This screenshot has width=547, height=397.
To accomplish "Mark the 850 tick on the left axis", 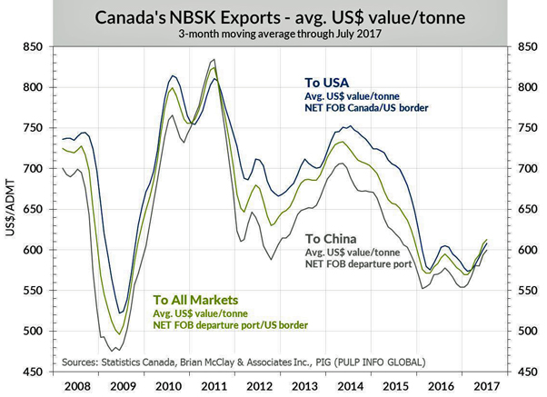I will [x=34, y=46].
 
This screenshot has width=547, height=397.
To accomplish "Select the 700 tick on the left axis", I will [x=34, y=169].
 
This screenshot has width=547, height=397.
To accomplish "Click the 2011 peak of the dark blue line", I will [x=214, y=78].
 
